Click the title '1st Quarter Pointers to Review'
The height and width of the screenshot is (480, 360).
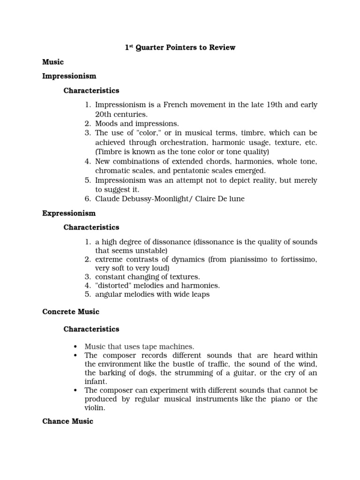180,47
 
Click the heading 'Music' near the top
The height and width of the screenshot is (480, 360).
53,62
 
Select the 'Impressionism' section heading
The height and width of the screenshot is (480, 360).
69,76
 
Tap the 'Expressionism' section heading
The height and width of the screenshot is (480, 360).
69,213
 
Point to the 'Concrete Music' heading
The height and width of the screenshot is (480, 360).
71,312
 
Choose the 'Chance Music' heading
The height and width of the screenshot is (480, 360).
68,421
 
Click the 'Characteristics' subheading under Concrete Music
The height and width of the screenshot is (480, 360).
91,329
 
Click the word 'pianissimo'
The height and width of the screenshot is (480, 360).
256,260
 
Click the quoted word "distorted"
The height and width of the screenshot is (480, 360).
113,285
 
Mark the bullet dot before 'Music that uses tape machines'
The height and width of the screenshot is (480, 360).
75,347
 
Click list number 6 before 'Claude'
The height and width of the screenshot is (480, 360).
88,199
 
